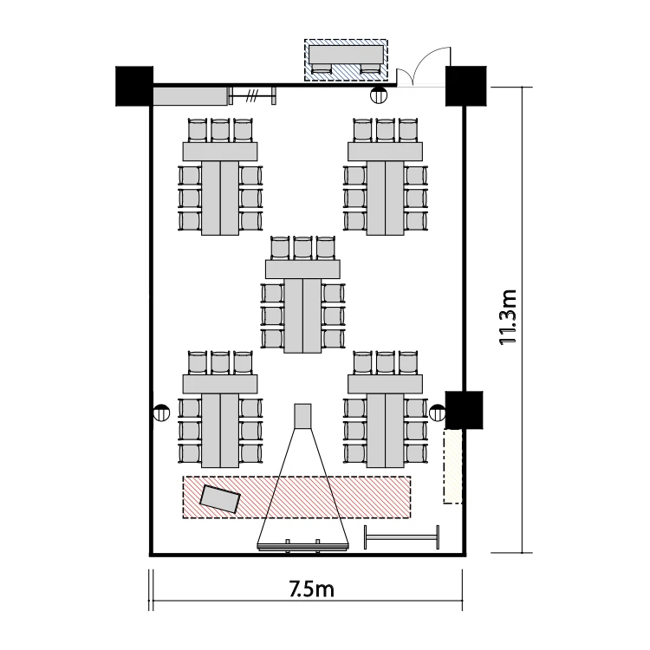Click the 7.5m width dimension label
(312, 589)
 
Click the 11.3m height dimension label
(508, 317)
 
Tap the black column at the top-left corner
(134, 86)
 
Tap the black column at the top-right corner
(466, 86)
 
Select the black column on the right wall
(465, 410)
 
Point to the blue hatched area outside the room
(346, 60)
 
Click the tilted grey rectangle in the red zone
(220, 499)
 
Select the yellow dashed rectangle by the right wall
(452, 466)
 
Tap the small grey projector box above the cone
(302, 416)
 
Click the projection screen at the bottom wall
(303, 547)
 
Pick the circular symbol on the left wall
(161, 413)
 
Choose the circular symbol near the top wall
(379, 95)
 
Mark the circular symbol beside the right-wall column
(438, 413)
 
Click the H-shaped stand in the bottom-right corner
(401, 537)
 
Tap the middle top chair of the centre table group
(302, 249)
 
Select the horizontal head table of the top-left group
(220, 152)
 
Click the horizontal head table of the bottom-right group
(385, 384)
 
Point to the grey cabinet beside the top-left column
(191, 96)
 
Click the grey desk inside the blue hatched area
(346, 55)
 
